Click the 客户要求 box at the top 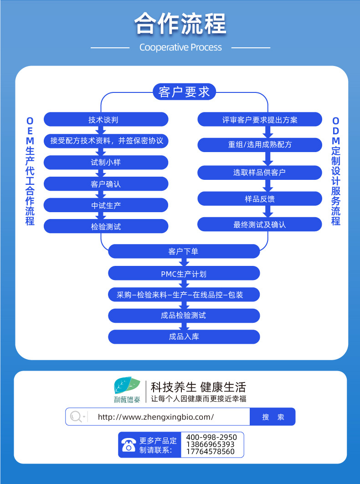pos(184,92)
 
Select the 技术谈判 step pos(106,120)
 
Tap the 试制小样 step pos(106,162)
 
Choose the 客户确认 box pos(106,184)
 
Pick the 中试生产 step pos(106,205)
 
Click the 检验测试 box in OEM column pos(106,226)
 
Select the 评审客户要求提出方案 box pos(260,120)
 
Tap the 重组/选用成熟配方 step pos(260,145)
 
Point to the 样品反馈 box pos(260,199)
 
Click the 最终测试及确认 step pos(260,224)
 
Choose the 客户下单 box pos(184,251)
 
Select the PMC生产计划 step pos(184,274)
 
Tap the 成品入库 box pos(184,337)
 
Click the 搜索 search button pos(273,417)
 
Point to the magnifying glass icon pos(77,417)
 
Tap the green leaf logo pos(126,387)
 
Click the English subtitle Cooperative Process pos(180,47)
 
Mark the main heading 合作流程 pos(180,24)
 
